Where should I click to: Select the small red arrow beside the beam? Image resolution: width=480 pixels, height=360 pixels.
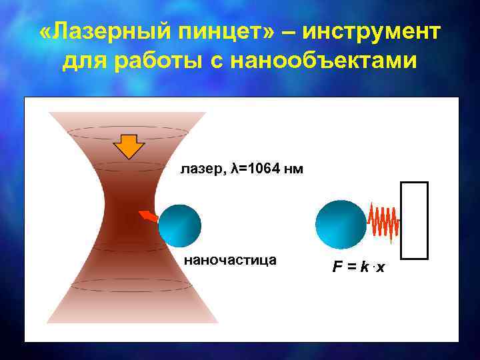tap(148, 216)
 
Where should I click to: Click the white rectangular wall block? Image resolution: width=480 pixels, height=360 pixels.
tap(414, 220)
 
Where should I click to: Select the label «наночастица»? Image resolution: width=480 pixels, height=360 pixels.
tap(230, 259)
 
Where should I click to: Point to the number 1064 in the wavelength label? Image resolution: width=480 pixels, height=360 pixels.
tap(263, 169)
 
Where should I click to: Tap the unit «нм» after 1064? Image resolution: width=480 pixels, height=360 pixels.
tap(293, 169)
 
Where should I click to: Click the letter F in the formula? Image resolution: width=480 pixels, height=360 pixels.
tap(338, 267)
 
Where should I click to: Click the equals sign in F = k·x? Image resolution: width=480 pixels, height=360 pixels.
tap(351, 268)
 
